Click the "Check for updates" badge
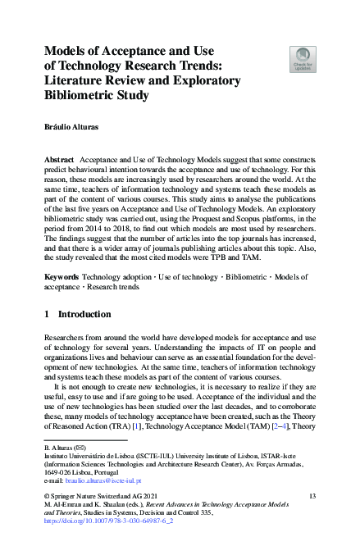303,59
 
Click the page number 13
312,497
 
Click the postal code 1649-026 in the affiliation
58,473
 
